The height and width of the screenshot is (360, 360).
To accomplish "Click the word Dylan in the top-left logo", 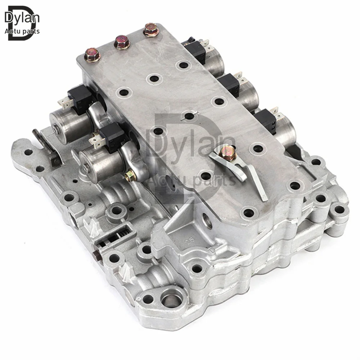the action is coord(22,17).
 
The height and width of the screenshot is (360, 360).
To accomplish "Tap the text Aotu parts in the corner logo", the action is coord(22,31).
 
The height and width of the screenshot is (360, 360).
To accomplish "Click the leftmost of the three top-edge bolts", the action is coord(92,55).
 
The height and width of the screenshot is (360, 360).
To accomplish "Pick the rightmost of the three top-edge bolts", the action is coord(150,30).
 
